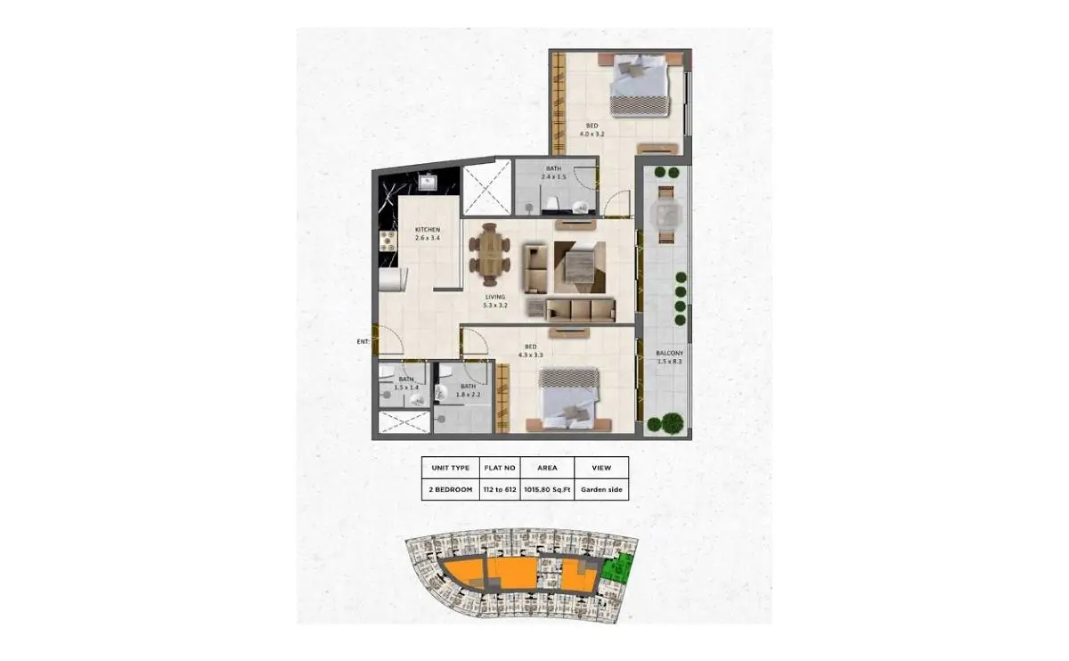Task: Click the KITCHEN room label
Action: (x=427, y=230)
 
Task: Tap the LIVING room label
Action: (x=495, y=297)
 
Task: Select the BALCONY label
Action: (x=669, y=353)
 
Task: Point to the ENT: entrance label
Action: (x=363, y=342)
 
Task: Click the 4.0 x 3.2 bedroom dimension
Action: (x=592, y=135)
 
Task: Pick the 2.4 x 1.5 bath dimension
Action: (x=553, y=176)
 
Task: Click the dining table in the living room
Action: (x=490, y=255)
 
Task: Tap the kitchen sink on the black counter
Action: (x=428, y=183)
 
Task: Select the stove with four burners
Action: (x=388, y=241)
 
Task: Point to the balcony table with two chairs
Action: (x=666, y=215)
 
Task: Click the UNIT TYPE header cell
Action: (x=451, y=468)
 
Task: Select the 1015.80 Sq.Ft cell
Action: (x=547, y=490)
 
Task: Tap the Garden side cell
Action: (x=601, y=490)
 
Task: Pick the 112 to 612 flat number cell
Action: (x=500, y=490)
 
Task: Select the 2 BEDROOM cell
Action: (x=451, y=490)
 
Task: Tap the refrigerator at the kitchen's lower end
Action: (x=393, y=279)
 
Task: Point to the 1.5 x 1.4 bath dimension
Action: (x=406, y=388)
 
